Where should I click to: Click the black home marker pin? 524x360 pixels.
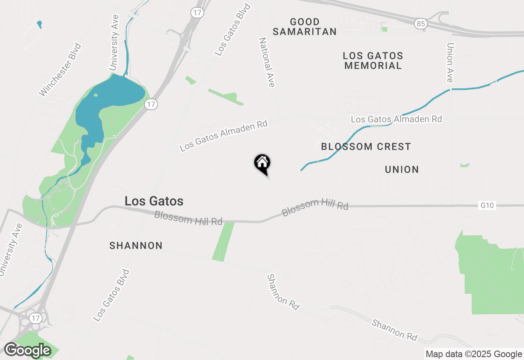[262, 163]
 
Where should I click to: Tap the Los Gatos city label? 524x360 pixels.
[154, 201]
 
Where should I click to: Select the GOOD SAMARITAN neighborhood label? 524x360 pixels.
[305, 27]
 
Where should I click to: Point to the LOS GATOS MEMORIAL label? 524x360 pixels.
[373, 61]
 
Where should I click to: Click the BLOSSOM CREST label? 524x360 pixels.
[366, 146]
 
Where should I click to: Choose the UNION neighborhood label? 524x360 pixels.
[402, 169]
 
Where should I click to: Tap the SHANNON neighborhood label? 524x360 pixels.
[136, 245]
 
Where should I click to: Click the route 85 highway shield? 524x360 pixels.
[420, 24]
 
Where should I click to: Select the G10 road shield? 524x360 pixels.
[487, 205]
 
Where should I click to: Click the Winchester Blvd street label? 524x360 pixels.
[60, 70]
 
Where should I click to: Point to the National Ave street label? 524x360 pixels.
[267, 62]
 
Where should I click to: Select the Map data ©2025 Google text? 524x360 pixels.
[474, 354]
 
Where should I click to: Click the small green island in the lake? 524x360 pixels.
[95, 95]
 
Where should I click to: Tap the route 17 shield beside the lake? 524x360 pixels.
[151, 104]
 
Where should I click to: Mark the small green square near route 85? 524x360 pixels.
[384, 29]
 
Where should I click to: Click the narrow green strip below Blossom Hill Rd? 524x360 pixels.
[223, 241]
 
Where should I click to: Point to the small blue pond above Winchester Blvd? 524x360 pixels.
[39, 24]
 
